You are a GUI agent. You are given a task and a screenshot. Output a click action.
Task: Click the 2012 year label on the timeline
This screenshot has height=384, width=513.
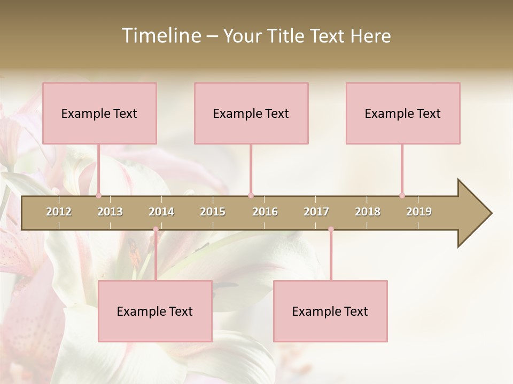tap(59, 212)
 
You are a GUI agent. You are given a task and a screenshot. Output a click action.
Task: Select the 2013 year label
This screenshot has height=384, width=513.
tap(110, 212)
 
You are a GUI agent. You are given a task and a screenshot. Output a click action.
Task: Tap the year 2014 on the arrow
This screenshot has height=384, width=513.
tap(161, 212)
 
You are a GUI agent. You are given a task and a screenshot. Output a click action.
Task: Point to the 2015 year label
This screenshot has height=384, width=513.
tap(213, 212)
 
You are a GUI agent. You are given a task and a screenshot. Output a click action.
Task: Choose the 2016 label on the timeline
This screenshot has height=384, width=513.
tap(265, 212)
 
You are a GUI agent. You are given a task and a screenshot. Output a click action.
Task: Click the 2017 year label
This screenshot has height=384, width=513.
tap(316, 212)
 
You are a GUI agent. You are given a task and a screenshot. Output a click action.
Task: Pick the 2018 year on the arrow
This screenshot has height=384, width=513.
tap(368, 212)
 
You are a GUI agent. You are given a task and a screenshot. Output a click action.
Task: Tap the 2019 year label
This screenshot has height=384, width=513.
tap(419, 212)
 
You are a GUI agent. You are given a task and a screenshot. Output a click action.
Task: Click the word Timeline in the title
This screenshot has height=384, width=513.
tap(160, 36)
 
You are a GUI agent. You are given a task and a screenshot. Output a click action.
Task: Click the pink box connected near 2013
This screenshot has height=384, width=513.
tap(99, 113)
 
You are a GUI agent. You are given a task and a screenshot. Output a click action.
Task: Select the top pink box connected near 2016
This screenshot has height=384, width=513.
tap(251, 113)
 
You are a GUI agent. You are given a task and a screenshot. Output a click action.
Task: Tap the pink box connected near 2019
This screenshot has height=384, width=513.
tap(403, 113)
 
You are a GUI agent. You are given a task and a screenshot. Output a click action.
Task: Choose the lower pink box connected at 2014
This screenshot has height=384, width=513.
tap(155, 311)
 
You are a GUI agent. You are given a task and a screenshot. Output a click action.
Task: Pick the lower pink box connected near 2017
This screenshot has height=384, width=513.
tap(330, 311)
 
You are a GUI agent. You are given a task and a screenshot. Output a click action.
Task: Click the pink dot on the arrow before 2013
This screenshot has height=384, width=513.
tap(98, 195)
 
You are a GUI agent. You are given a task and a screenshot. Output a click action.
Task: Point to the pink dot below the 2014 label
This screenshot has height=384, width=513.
tap(156, 229)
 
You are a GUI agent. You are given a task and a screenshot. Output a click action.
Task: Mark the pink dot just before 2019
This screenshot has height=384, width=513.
tap(402, 195)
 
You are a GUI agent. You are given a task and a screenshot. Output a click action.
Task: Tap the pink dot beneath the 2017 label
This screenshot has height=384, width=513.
tap(331, 229)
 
